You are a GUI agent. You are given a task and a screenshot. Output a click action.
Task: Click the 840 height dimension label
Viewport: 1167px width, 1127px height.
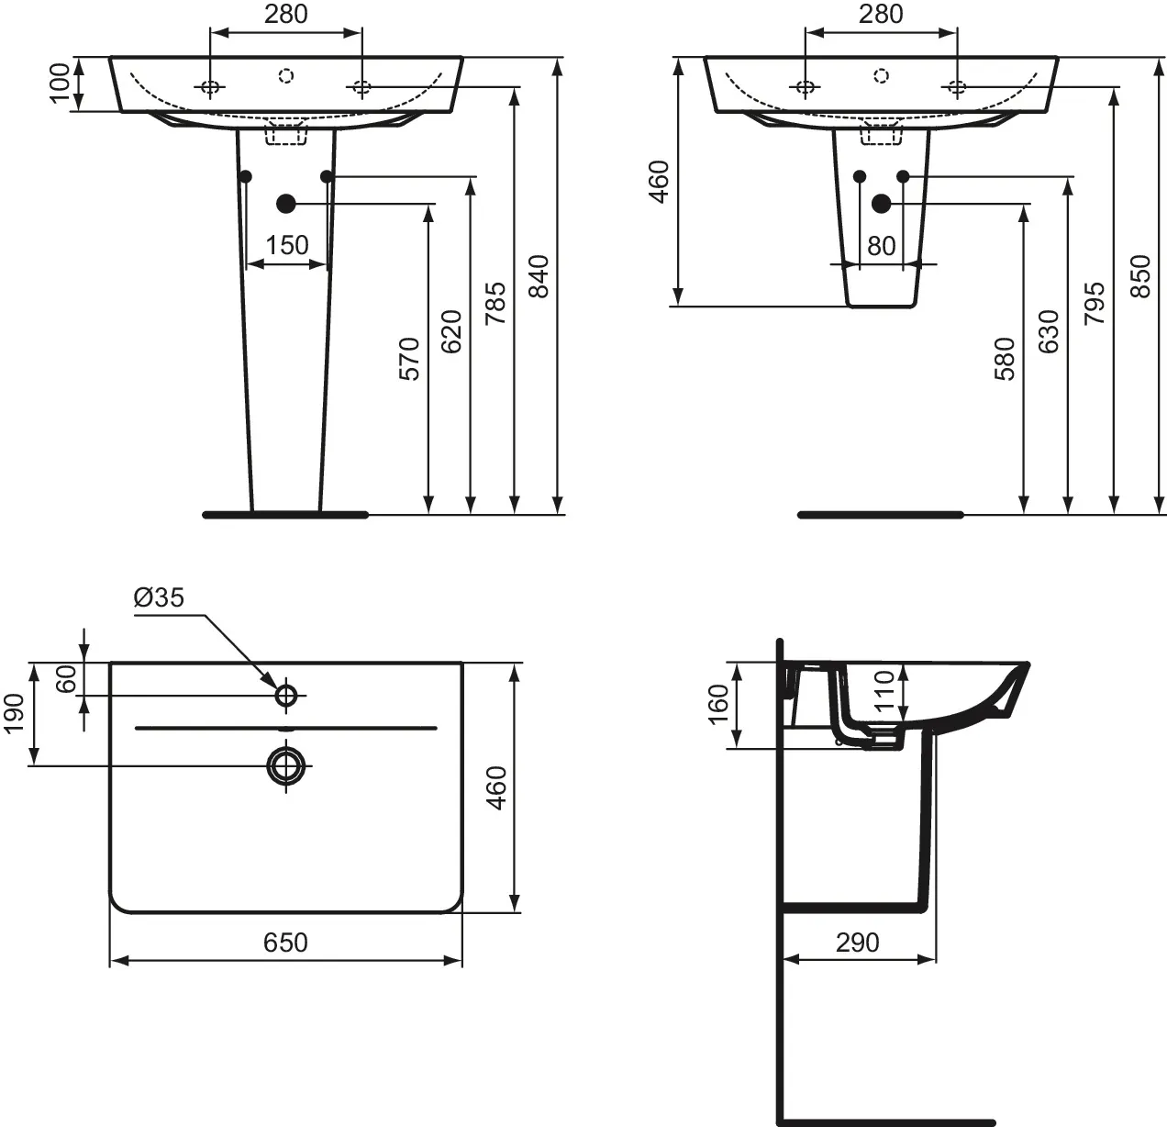(539, 276)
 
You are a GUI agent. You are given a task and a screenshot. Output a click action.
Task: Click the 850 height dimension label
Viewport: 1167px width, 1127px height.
(1140, 276)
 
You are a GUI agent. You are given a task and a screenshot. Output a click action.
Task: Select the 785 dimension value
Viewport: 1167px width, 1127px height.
(496, 304)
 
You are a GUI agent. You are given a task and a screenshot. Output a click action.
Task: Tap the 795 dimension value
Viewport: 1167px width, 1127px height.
(1095, 304)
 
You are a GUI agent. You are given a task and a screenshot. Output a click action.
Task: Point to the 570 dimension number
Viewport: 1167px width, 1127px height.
(409, 359)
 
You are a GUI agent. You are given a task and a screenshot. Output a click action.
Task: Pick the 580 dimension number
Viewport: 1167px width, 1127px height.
(1006, 359)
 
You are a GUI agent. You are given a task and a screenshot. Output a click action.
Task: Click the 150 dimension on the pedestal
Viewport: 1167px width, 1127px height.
(286, 245)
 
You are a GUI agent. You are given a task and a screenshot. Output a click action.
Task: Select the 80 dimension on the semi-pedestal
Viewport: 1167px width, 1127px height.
(881, 246)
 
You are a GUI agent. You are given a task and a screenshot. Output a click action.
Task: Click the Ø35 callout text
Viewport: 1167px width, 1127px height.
(159, 597)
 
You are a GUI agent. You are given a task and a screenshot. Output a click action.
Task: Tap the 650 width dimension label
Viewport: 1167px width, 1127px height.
(285, 943)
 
